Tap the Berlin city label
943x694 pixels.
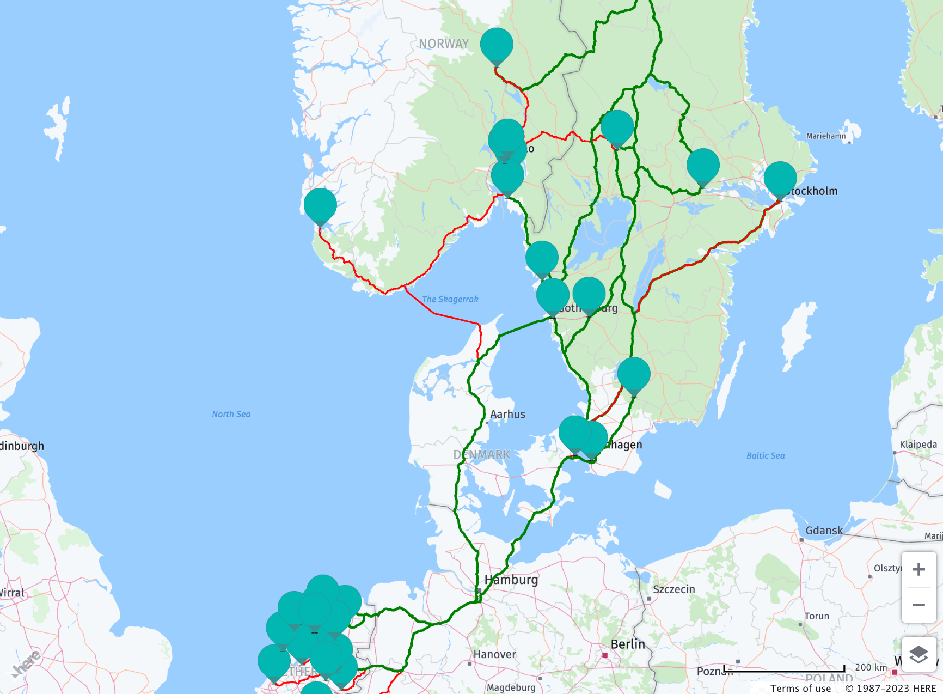(x=627, y=644)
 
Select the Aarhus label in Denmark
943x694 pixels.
(x=507, y=415)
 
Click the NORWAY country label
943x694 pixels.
(x=444, y=44)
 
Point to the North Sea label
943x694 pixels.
(x=231, y=415)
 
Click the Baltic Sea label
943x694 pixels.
(x=766, y=456)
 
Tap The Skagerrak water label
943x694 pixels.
(x=450, y=299)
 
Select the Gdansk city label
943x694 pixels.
(x=824, y=531)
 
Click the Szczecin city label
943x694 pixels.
(x=674, y=589)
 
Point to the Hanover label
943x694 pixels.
(x=494, y=654)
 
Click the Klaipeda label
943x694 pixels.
(x=918, y=445)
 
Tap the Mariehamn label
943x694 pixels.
(x=826, y=136)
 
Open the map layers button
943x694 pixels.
(x=918, y=654)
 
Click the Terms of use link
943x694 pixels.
(x=800, y=688)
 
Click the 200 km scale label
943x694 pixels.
(x=871, y=667)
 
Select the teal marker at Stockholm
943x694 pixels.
(x=780, y=179)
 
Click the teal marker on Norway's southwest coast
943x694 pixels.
(x=320, y=205)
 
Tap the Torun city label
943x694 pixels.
(x=817, y=616)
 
